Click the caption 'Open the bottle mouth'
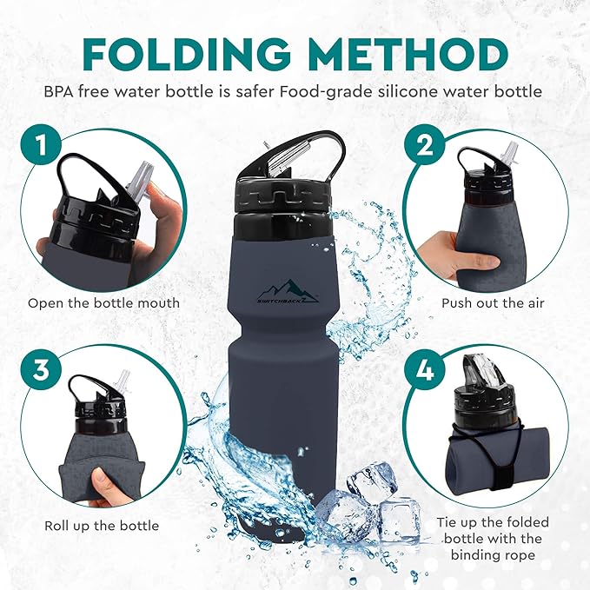103,303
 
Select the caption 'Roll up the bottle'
102,526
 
